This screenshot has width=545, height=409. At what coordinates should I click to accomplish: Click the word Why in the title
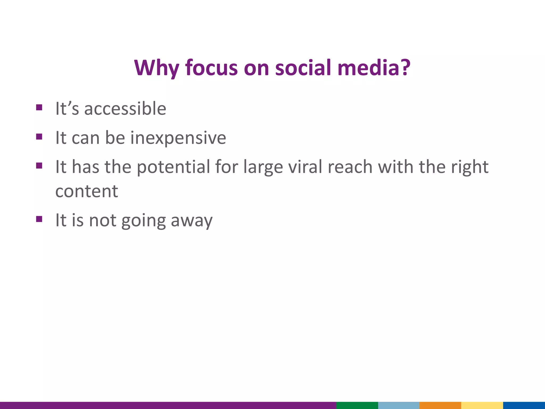[156, 68]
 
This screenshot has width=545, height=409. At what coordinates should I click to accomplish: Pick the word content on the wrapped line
[86, 191]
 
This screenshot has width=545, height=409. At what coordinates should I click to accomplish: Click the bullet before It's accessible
[39, 108]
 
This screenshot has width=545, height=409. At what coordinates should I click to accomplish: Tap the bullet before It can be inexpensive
[39, 137]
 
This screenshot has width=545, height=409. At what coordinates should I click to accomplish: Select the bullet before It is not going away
[39, 219]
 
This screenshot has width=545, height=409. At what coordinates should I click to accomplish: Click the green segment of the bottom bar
[357, 405]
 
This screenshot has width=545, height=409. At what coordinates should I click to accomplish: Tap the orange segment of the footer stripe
[440, 405]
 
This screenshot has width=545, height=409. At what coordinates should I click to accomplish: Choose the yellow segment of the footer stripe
[482, 405]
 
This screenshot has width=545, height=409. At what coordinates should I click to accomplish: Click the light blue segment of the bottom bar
[398, 405]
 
